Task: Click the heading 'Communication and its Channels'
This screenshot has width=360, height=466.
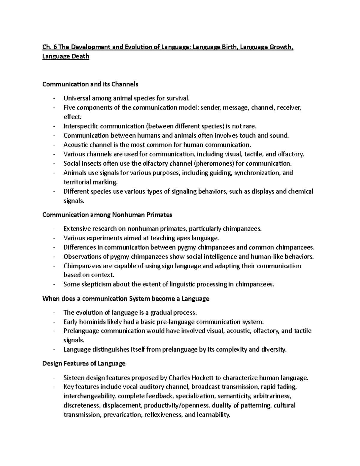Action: tap(90, 84)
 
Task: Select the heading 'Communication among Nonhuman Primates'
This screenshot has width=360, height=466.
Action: tap(107, 215)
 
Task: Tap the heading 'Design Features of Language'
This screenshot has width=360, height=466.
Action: tap(84, 364)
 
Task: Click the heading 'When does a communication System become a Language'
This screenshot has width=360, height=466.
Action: tap(126, 299)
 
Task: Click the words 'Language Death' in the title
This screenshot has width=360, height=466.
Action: tap(66, 56)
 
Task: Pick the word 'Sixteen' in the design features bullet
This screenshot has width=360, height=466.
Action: tap(73, 377)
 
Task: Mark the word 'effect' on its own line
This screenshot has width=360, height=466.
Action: tap(72, 117)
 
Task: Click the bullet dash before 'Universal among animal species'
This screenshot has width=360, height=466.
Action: tap(54, 98)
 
